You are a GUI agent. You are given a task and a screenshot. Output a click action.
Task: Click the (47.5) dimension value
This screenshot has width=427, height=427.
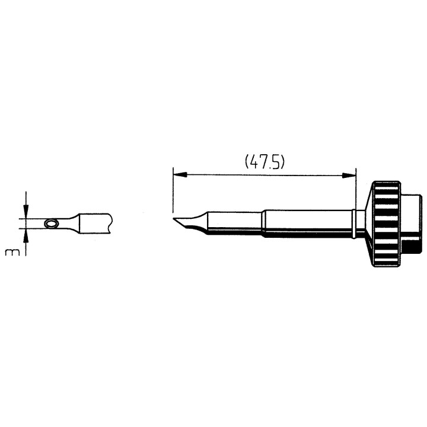(265, 162)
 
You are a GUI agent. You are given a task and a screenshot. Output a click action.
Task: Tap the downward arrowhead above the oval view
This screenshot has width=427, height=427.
(27, 212)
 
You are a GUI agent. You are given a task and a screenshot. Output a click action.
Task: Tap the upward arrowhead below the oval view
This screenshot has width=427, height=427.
(27, 234)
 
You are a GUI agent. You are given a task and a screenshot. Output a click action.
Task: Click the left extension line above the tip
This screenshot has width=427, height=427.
(172, 190)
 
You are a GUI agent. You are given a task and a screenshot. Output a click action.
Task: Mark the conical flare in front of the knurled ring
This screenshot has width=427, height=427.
(365, 223)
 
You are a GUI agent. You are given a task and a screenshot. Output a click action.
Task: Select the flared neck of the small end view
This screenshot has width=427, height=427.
(71, 223)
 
